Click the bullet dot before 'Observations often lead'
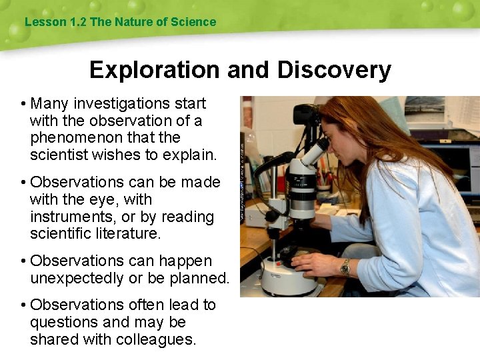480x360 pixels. tap(23, 305)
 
